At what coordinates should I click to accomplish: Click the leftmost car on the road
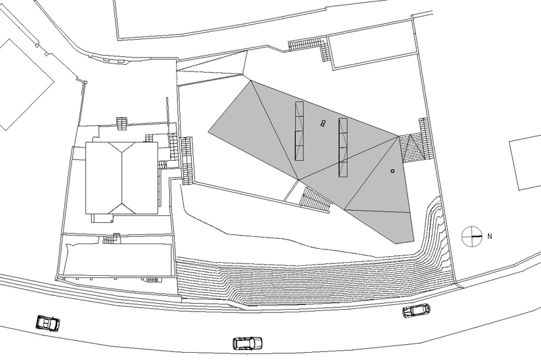(x=47, y=323)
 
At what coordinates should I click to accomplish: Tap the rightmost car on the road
(x=417, y=310)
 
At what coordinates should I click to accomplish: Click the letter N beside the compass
(x=490, y=235)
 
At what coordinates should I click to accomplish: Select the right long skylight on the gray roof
(x=343, y=148)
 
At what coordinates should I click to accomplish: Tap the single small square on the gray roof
(x=393, y=170)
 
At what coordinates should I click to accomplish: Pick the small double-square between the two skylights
(x=323, y=122)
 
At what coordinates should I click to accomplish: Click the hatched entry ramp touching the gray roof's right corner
(x=413, y=148)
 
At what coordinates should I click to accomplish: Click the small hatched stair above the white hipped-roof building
(x=122, y=124)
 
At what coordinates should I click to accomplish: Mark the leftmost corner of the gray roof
(x=209, y=130)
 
